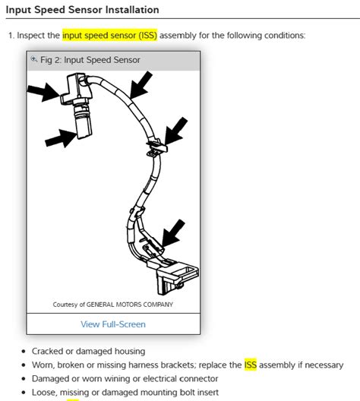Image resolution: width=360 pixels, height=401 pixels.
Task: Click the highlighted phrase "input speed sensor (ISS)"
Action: pos(109,36)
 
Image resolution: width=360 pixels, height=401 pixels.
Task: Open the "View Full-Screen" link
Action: pos(113,324)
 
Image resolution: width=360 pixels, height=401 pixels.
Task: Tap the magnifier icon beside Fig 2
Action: pos(33,59)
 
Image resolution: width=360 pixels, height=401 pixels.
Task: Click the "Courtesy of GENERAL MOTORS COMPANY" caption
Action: pos(112,304)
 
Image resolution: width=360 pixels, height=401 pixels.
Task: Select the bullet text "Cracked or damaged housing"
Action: pos(90,352)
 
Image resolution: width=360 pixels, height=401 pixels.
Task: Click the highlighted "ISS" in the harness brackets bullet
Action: pos(251,365)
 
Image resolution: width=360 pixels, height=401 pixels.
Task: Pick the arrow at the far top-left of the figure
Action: pos(41,93)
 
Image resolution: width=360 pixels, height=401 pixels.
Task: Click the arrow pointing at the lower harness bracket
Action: pos(173,230)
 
